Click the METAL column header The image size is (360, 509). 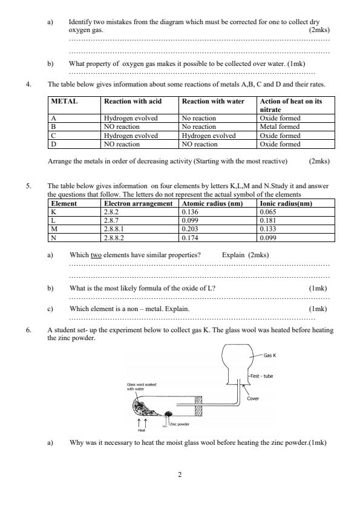click(x=62, y=102)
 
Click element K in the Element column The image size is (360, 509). click(x=53, y=212)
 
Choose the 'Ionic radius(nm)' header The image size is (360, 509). click(x=285, y=204)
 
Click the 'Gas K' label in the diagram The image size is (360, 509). click(x=272, y=355)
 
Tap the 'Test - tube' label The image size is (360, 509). click(x=261, y=376)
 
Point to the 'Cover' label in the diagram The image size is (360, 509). click(x=253, y=399)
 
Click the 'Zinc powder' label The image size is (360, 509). click(x=180, y=424)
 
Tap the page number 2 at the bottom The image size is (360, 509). click(x=180, y=475)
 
